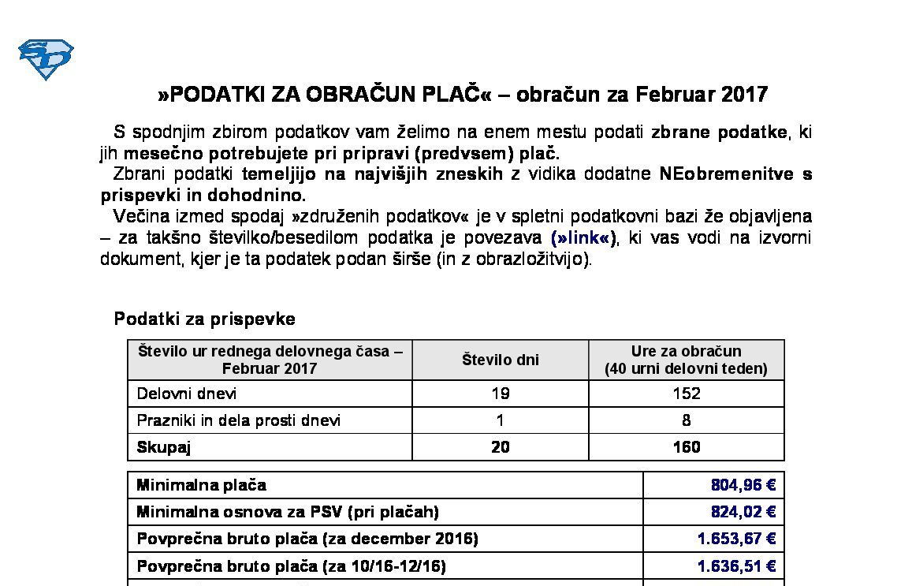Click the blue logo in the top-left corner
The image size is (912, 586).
tap(46, 59)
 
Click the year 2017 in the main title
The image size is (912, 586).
tap(744, 95)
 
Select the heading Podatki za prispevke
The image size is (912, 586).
tap(205, 319)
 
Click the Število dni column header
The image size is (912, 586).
tap(500, 360)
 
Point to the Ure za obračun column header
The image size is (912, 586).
tap(686, 360)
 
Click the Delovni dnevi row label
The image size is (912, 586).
tap(187, 394)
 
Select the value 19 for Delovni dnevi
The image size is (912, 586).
tap(500, 394)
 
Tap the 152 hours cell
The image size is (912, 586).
tap(686, 394)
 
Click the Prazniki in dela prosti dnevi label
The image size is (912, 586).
tap(239, 420)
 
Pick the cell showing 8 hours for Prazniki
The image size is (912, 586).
tap(686, 420)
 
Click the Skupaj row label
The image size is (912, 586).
tap(164, 447)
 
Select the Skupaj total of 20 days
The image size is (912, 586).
tap(500, 447)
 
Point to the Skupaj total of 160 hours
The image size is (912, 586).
tap(686, 447)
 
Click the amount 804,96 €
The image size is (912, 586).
tap(743, 485)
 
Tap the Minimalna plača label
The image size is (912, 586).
tap(202, 485)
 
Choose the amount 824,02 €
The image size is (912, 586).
tap(743, 512)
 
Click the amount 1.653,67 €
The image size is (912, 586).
tap(736, 539)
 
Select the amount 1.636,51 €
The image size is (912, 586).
tap(736, 566)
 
